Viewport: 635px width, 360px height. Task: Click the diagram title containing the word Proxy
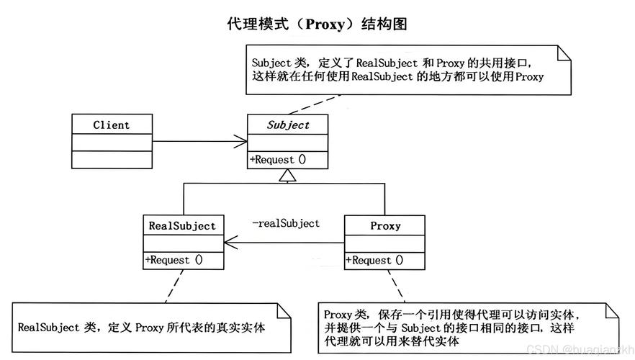317,24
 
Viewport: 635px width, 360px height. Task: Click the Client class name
111,125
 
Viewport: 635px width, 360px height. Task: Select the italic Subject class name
288,125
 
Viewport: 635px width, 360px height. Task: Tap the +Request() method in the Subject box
278,160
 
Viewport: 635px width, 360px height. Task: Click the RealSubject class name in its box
182,225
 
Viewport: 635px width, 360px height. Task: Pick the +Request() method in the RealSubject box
174,260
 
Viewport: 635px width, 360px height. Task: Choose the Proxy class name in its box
385,225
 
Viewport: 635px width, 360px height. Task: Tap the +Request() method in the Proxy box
374,260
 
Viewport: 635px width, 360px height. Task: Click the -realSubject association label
286,223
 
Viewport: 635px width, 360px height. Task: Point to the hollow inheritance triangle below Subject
288,175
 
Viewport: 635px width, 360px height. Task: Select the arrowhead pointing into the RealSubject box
230,243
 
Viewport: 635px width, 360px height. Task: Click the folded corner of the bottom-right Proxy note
611,311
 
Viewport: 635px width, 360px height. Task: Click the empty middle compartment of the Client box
111,142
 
